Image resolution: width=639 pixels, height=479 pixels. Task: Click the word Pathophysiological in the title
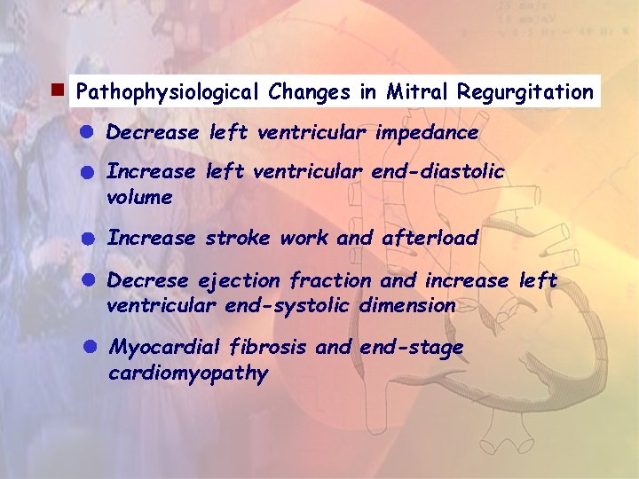[x=166, y=91]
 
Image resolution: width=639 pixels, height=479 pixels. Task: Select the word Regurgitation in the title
[x=525, y=91]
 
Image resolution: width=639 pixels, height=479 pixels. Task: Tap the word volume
[x=139, y=197]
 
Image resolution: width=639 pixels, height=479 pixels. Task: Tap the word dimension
[x=408, y=306]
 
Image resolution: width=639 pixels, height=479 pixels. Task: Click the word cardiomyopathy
[x=187, y=373]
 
